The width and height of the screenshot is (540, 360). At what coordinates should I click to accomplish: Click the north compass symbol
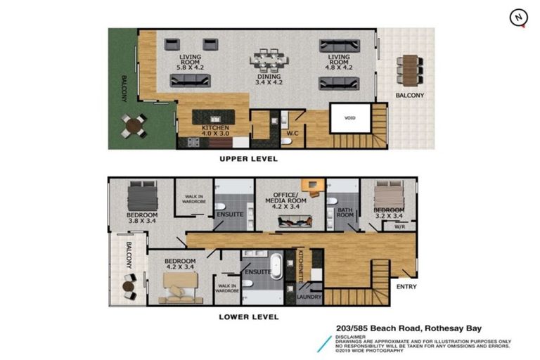point(518,18)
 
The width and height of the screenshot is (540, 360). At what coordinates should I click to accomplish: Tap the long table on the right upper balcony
point(409,70)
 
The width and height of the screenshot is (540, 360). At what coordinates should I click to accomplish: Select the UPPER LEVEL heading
point(248,159)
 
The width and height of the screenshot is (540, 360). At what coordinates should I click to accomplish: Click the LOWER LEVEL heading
point(248,317)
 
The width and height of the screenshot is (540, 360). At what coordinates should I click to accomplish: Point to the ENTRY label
point(406,286)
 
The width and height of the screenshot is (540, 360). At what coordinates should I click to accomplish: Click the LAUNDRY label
point(309,297)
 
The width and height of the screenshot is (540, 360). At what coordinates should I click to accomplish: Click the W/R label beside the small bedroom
point(399,226)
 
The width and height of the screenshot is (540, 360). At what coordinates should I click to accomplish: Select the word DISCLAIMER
point(350,336)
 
